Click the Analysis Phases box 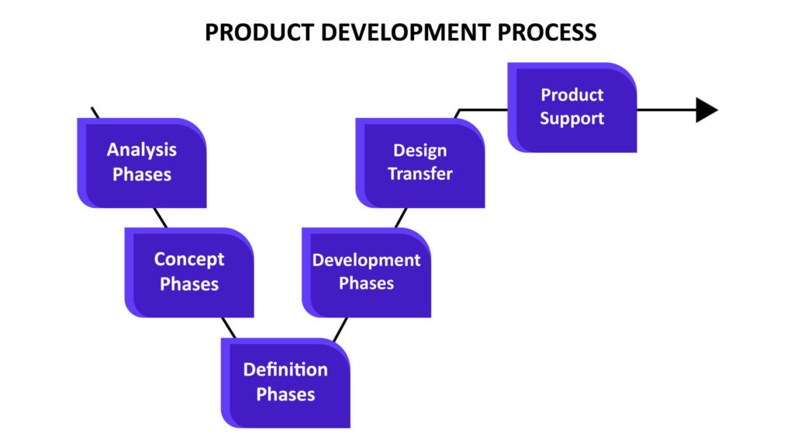[x=142, y=163]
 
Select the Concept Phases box [x=189, y=272]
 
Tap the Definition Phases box [x=285, y=383]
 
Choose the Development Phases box [x=367, y=272]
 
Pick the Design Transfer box [x=420, y=163]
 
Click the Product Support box [x=572, y=107]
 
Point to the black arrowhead [x=707, y=110]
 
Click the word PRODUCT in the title [x=260, y=33]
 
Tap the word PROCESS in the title [x=547, y=33]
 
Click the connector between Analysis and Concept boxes [x=161, y=218]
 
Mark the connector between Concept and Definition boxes [x=229, y=328]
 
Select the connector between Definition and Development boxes [x=340, y=329]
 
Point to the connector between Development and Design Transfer [x=401, y=218]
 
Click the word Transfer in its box [x=420, y=174]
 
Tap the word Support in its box [x=572, y=119]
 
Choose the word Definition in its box [x=285, y=369]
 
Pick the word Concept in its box [x=189, y=259]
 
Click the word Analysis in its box [x=142, y=150]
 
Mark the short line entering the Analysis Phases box [x=95, y=113]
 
